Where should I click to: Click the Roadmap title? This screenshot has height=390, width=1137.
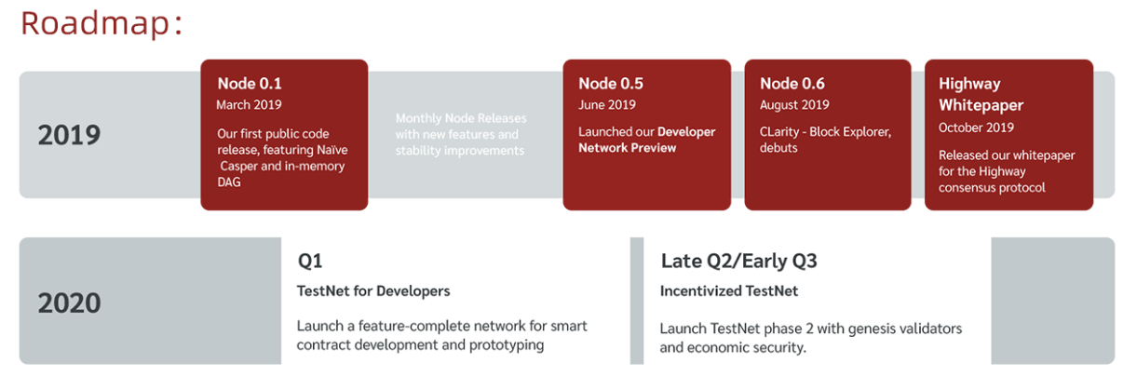tap(101, 24)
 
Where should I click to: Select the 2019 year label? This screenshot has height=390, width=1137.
tap(69, 135)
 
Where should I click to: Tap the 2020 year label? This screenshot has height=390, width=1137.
tap(69, 303)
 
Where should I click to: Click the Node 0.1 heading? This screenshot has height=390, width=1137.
tap(250, 83)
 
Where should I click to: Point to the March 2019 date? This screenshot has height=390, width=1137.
tap(249, 104)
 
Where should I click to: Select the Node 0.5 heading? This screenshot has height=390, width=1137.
tap(611, 83)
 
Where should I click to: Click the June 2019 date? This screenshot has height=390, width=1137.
tap(607, 104)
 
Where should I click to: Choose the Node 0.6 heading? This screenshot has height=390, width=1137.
tap(792, 83)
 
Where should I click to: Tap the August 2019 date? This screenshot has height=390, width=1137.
tap(794, 104)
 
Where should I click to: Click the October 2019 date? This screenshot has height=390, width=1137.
tap(976, 128)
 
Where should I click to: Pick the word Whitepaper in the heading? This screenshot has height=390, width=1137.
tap(981, 105)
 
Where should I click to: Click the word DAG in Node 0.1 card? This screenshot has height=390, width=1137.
tap(229, 182)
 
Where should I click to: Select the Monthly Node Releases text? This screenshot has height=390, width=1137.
tap(461, 118)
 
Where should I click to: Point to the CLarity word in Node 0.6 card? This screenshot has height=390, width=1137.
tap(779, 132)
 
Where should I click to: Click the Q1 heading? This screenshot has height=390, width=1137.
tap(310, 261)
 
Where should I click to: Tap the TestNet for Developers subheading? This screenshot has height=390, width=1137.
tap(373, 291)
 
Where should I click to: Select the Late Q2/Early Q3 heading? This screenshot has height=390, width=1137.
tap(738, 261)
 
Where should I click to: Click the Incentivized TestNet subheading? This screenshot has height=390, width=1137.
tap(728, 291)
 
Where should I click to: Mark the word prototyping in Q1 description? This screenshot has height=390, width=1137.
tap(506, 345)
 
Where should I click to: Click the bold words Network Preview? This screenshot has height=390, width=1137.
tap(627, 148)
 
